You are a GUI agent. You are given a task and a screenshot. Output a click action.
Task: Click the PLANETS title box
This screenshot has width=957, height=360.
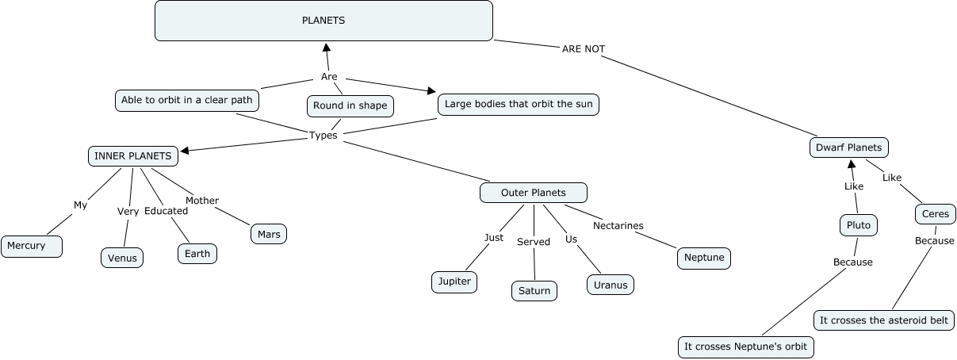(x=323, y=21)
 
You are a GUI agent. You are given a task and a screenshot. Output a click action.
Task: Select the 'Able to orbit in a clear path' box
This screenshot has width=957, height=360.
(x=186, y=100)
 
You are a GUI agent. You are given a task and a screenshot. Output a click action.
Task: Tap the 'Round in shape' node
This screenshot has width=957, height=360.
(x=350, y=105)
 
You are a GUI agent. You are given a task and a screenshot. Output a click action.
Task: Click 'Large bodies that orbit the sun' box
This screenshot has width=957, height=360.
(x=519, y=104)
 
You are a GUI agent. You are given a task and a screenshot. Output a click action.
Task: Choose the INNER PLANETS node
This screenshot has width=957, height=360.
(x=132, y=156)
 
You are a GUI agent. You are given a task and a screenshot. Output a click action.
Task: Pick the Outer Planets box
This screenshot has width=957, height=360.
(x=534, y=193)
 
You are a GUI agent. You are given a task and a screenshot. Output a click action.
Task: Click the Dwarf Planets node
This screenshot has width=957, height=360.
(x=848, y=147)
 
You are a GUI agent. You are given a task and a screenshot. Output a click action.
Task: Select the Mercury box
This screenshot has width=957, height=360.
(x=32, y=247)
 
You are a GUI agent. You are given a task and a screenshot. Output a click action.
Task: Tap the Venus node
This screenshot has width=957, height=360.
(x=122, y=258)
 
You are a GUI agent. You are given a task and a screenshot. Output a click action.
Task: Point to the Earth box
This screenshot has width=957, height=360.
(x=197, y=253)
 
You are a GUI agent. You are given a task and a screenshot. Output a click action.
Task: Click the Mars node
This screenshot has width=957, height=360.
(x=269, y=234)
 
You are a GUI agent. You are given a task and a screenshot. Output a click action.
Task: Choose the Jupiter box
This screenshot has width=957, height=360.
(x=454, y=281)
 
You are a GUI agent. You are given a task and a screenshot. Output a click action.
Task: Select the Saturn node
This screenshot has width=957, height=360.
(x=534, y=291)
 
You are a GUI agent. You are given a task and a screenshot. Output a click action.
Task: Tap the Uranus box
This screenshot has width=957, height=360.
(x=611, y=285)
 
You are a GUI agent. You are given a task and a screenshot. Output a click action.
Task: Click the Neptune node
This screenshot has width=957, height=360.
(x=704, y=258)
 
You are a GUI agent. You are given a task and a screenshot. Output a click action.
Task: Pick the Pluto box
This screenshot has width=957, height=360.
(x=858, y=225)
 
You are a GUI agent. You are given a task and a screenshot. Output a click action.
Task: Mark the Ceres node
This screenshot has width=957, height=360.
(x=932, y=214)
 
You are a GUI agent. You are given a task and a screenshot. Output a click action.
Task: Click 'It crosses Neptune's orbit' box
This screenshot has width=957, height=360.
(x=746, y=347)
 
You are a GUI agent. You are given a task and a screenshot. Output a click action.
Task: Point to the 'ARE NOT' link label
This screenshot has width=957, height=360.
(x=583, y=49)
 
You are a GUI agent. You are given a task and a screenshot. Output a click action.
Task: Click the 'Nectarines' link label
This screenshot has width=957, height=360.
(x=618, y=226)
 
